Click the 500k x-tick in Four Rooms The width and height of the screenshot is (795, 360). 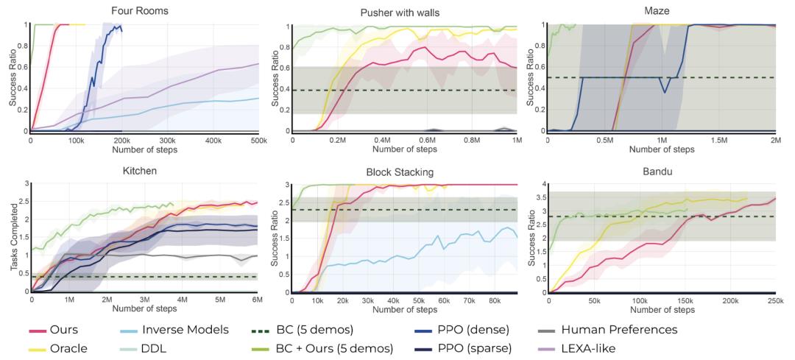coord(258,140)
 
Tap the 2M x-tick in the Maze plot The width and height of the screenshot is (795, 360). coord(775,140)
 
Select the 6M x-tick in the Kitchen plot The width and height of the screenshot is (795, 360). coord(257,300)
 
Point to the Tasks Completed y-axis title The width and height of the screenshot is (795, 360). coord(14,238)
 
